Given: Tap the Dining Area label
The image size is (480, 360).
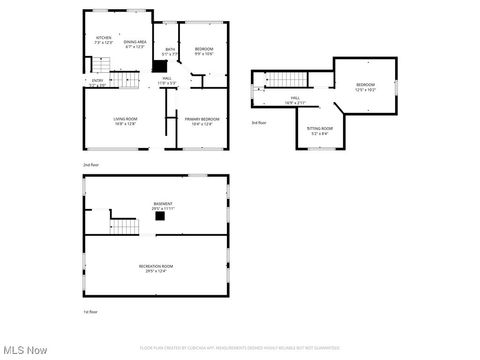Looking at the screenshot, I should [135, 43].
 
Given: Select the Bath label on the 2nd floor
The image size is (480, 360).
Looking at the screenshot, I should [170, 53].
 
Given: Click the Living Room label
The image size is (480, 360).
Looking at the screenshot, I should [125, 121].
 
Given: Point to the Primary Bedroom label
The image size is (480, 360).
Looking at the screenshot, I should [202, 121].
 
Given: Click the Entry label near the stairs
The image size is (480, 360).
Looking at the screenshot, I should [96, 82].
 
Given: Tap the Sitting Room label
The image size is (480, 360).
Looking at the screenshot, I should [320, 130].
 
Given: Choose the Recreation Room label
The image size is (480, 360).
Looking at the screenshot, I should [156, 267].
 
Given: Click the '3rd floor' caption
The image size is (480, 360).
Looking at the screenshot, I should [259, 122].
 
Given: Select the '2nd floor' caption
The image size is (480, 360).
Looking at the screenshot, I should [91, 164].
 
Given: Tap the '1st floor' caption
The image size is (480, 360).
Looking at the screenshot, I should [91, 312].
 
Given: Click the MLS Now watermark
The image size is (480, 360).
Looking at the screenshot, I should [25, 350].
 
